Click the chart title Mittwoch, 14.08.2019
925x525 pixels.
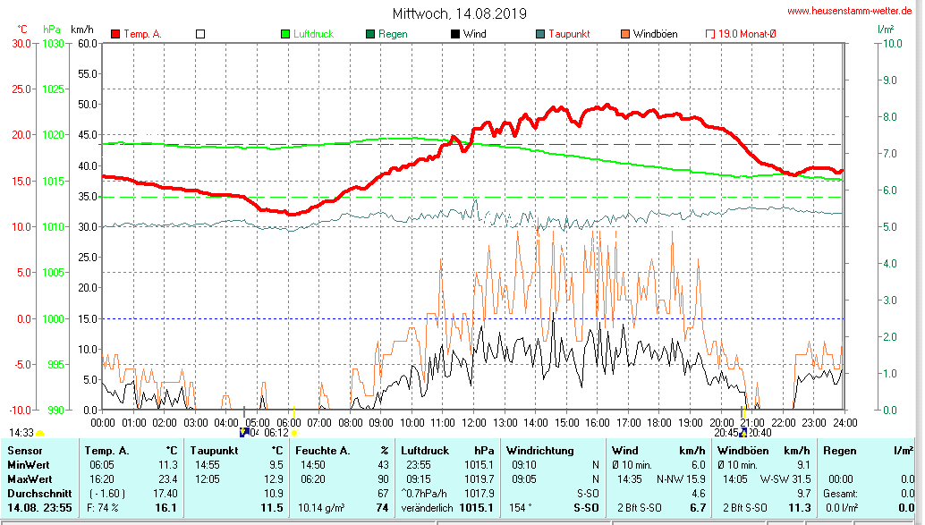459,13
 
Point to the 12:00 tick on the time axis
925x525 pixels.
474,422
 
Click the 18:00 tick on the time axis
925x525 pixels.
659,422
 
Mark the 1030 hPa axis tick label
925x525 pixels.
52,43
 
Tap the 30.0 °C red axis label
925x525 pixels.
20,43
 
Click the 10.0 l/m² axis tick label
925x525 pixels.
890,43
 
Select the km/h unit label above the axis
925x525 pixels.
83,30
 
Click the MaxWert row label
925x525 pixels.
29,478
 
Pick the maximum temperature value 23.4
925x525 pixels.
167,478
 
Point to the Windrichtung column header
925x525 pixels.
540,451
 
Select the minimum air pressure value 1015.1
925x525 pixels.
479,465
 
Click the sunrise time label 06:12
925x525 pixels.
276,432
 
